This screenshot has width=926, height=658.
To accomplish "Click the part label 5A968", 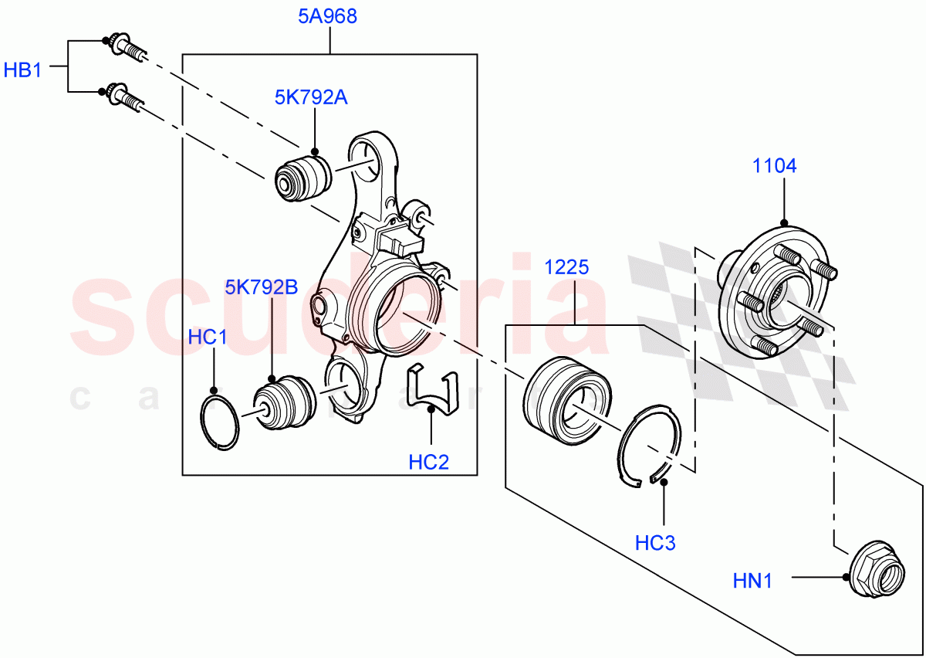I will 328,16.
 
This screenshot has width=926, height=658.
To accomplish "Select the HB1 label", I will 22,70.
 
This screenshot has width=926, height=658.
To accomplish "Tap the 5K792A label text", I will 311,97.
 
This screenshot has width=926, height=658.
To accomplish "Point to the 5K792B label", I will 262,287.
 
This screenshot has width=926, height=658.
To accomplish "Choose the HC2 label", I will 428,462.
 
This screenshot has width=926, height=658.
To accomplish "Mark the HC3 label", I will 655,543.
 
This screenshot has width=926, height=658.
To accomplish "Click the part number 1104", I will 775,165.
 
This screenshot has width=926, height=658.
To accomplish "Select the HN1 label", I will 752,579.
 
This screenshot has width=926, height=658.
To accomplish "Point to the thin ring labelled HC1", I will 220,420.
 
